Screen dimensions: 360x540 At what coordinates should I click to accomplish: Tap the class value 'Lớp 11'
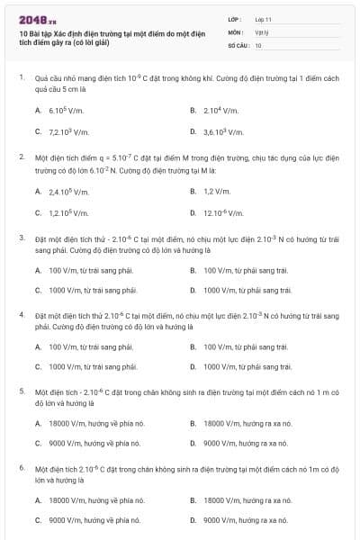click(263, 18)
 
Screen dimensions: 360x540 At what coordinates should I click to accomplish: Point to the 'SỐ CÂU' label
click(237, 44)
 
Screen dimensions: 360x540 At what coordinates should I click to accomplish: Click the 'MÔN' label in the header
click(235, 31)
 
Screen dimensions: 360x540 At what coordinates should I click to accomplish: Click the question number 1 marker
click(22, 78)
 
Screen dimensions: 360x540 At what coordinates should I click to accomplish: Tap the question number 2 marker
click(22, 157)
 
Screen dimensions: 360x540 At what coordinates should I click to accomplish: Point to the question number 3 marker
click(22, 238)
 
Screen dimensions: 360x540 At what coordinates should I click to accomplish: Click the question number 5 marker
click(22, 392)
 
